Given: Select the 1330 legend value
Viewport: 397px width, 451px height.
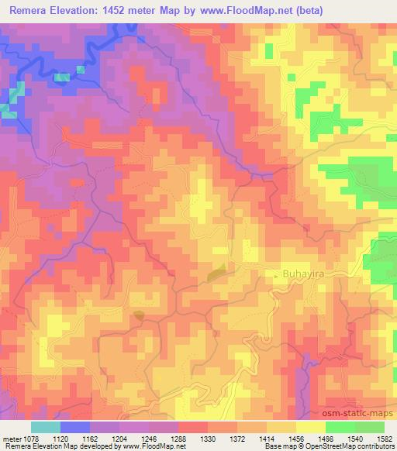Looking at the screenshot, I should tap(207, 438).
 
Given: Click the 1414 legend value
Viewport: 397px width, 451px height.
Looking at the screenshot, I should tap(266, 438).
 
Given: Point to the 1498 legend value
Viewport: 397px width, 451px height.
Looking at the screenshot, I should tap(325, 438).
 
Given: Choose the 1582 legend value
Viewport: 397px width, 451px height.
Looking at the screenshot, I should tap(383, 438).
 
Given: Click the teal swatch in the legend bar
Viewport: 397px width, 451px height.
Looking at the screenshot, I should tap(46, 427).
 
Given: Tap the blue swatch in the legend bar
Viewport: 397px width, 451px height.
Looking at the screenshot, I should tap(75, 427).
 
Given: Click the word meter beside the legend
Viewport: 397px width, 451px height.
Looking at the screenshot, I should tap(11, 438).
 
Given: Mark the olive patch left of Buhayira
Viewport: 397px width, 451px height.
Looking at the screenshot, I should tap(217, 270).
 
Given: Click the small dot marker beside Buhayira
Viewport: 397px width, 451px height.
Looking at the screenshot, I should tap(281, 274).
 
